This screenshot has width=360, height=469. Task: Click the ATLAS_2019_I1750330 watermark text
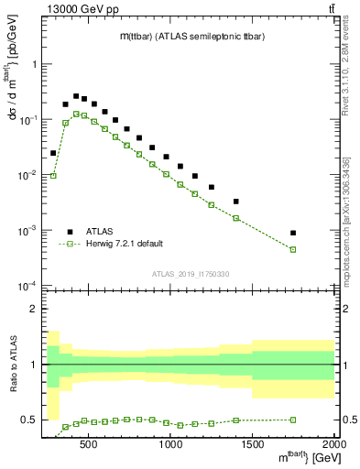pos(191,274)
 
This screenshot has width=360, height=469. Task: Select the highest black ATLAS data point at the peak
pos(76,95)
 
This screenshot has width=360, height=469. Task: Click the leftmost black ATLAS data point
pos(53,153)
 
